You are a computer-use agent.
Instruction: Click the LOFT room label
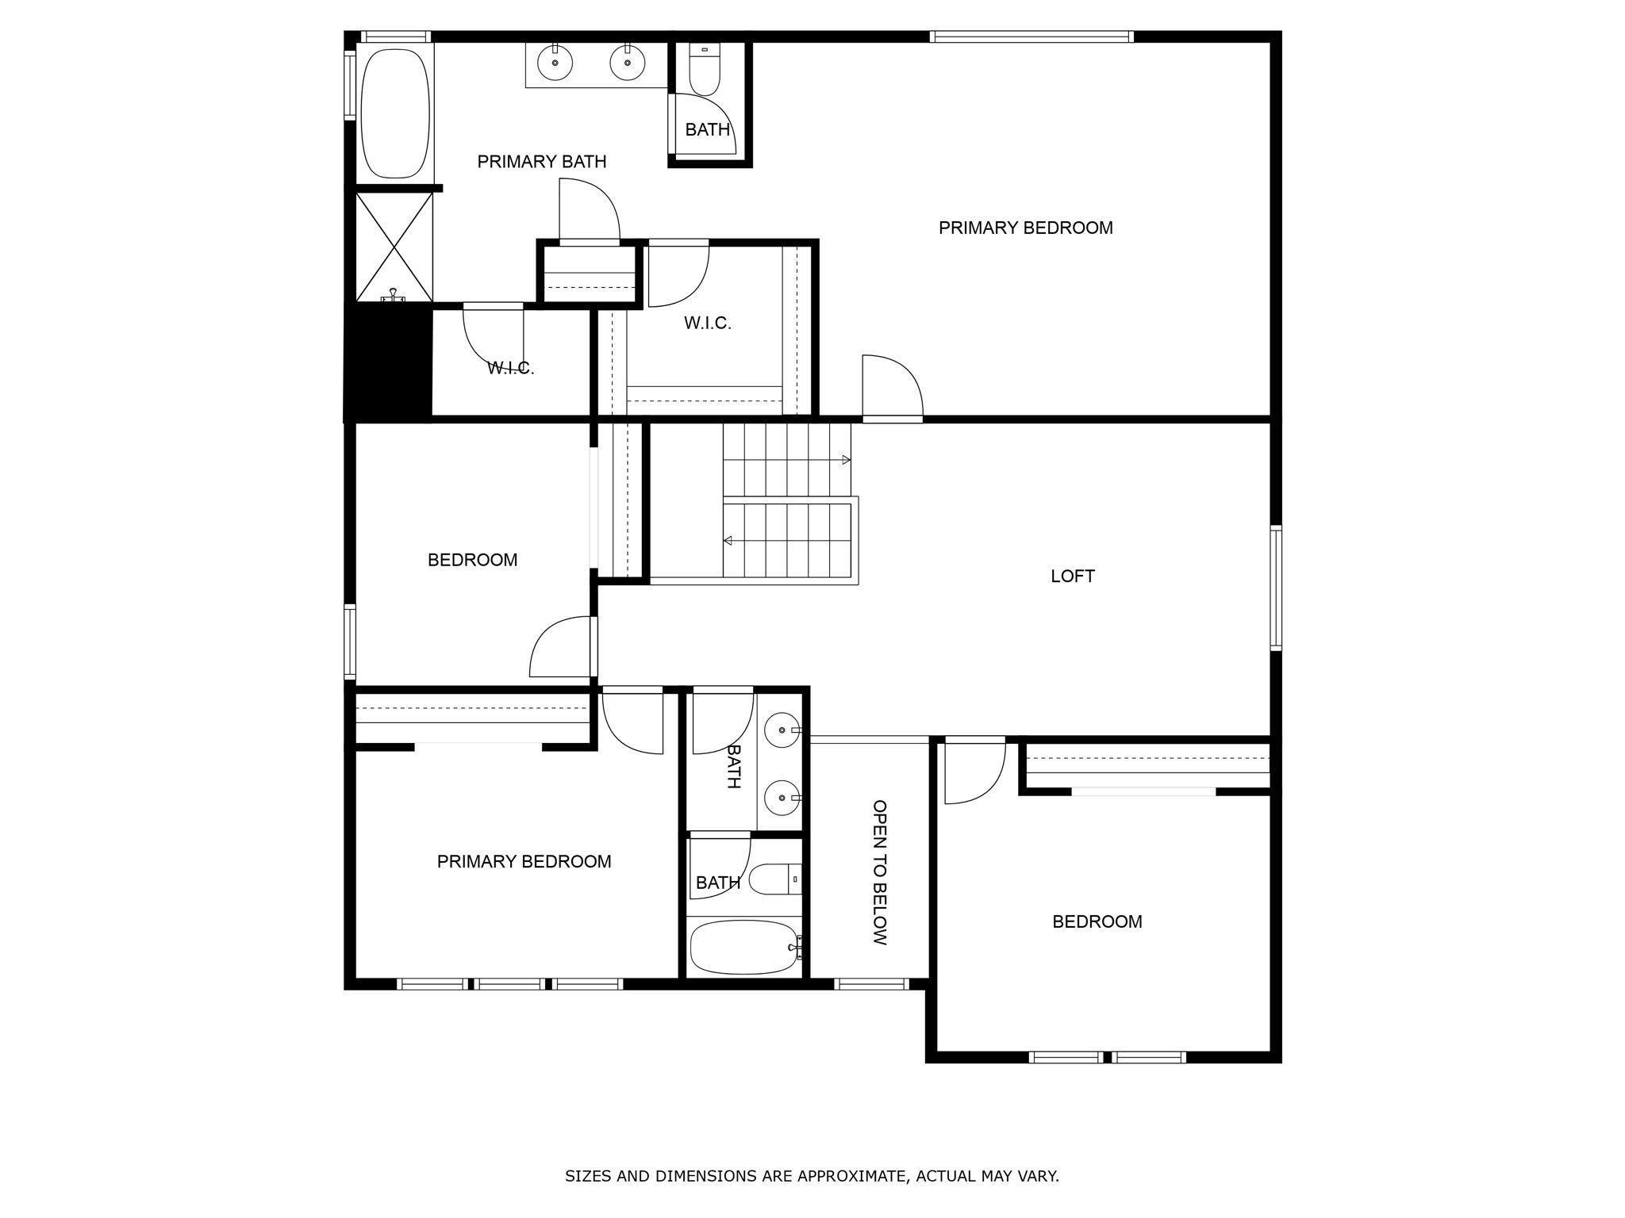tap(1072, 576)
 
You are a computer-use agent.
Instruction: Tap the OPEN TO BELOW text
tap(879, 871)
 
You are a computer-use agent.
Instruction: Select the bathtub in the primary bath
tap(395, 113)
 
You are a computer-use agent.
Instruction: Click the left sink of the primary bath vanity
tap(555, 63)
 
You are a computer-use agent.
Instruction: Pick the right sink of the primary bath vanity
tap(627, 63)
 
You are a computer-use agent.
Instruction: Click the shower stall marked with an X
tap(394, 247)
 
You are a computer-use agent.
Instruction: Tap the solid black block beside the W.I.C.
tap(388, 362)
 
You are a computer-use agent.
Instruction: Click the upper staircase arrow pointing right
tap(846, 460)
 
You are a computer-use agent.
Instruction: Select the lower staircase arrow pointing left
tap(728, 541)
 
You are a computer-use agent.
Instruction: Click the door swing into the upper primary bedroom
tap(891, 386)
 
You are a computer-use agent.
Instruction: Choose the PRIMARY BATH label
tap(541, 162)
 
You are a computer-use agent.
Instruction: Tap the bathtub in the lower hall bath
tap(743, 947)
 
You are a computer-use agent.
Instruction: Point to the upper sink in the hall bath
tap(782, 730)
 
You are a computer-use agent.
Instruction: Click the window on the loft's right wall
tap(1275, 588)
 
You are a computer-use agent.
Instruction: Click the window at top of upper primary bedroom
tap(1031, 36)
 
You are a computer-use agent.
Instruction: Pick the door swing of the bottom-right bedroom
tap(974, 771)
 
